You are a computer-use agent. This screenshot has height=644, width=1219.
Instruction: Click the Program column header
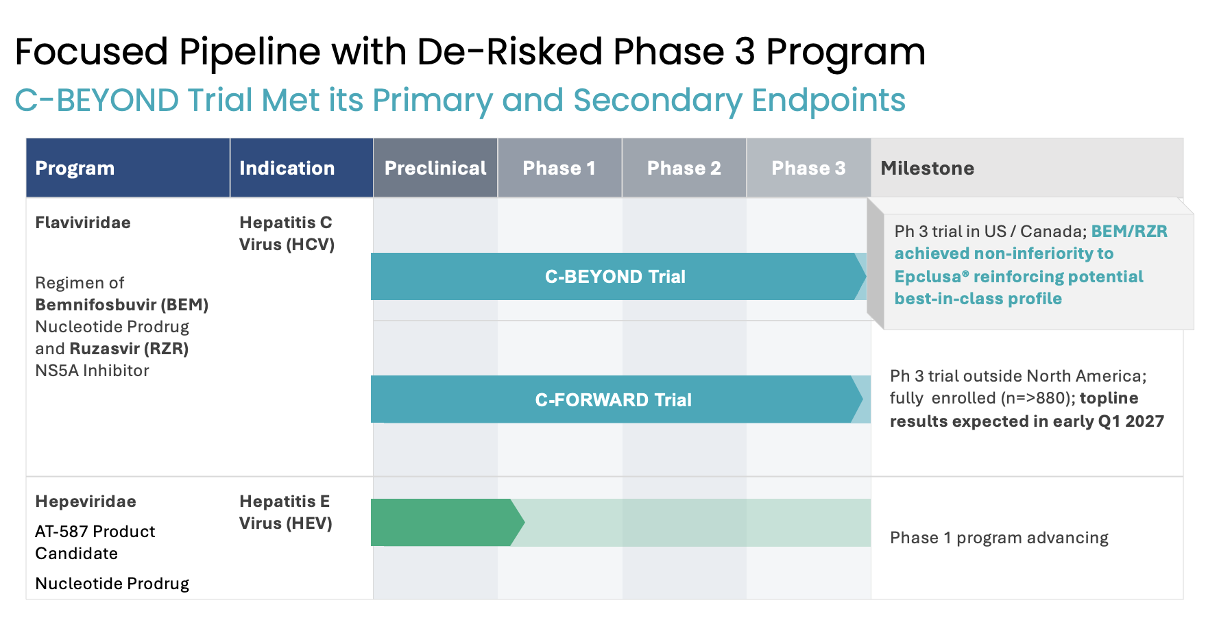[75, 169]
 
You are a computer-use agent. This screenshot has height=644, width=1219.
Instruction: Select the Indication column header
[287, 169]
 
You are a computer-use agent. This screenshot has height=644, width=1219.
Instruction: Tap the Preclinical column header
[435, 169]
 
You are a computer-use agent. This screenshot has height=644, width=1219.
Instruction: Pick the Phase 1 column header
[559, 169]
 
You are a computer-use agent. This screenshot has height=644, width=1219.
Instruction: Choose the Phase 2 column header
[684, 169]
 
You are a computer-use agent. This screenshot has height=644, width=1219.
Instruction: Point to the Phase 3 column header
[809, 169]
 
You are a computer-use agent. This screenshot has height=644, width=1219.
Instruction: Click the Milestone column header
[928, 169]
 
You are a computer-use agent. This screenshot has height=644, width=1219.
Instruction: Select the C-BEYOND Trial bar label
[615, 277]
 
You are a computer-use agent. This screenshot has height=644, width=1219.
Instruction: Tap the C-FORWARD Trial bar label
[614, 400]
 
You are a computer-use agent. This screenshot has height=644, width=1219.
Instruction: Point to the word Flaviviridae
[83, 223]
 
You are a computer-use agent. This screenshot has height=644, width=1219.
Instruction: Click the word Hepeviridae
[86, 501]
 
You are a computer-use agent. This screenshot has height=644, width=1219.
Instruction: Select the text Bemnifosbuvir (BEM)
[122, 305]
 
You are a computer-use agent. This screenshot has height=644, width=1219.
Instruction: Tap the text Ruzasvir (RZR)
[130, 349]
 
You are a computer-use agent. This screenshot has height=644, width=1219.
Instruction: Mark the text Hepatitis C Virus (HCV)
[287, 234]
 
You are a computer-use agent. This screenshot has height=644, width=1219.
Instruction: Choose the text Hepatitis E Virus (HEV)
[286, 512]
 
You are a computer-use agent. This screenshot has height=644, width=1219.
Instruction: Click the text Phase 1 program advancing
[999, 538]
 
